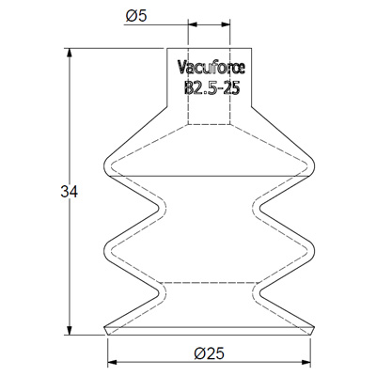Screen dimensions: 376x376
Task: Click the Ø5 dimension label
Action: tap(136, 16)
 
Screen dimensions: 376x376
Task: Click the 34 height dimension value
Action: tap(69, 192)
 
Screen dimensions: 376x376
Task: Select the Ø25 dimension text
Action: tap(209, 353)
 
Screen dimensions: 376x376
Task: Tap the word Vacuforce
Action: tap(211, 68)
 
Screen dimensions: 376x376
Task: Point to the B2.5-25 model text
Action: tap(211, 87)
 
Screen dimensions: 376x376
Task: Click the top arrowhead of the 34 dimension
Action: tap(70, 53)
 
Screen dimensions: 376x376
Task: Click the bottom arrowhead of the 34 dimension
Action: tap(70, 330)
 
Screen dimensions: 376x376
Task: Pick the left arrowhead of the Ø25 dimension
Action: tap(112, 362)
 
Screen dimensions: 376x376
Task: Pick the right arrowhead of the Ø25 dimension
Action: tap(305, 362)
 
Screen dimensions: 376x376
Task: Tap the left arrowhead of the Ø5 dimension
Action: tap(193, 24)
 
